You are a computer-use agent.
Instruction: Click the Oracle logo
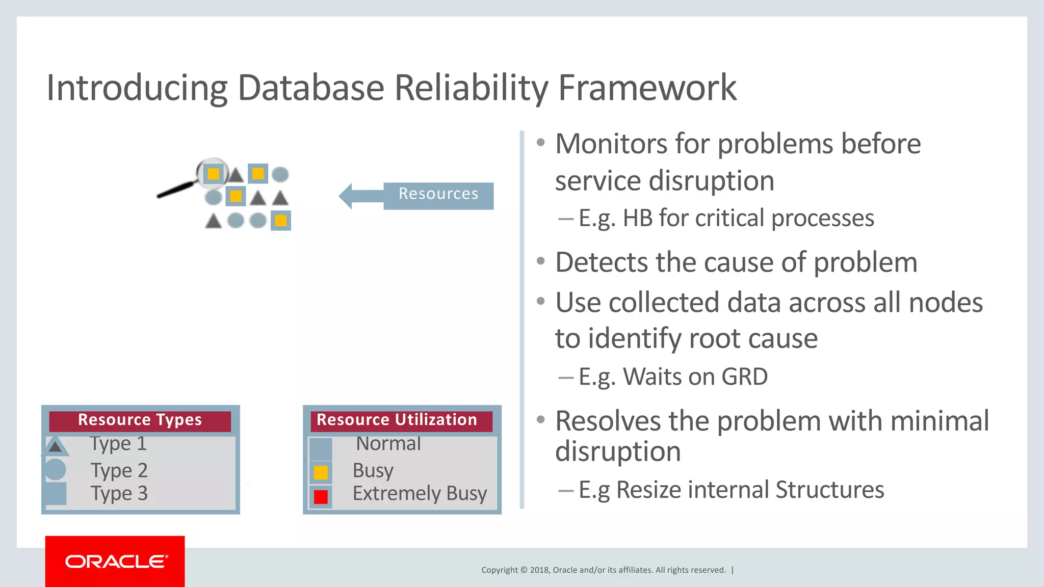[116, 562]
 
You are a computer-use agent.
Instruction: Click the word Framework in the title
[647, 88]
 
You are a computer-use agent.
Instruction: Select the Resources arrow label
[438, 194]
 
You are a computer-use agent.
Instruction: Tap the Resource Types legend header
[140, 420]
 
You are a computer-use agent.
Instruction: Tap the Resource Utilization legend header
[397, 420]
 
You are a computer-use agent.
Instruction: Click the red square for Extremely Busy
[321, 496]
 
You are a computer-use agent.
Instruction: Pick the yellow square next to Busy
[321, 472]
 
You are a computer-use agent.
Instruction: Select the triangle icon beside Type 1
[55, 446]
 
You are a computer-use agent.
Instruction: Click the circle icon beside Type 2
[55, 469]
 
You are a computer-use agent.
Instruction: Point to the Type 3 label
[119, 493]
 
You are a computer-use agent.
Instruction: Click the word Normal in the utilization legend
[388, 444]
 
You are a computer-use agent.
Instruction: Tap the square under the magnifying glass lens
[213, 174]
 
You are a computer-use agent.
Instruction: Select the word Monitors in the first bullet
[611, 144]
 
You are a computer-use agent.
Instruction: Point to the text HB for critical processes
[748, 219]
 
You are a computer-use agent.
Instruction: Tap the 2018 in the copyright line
[539, 570]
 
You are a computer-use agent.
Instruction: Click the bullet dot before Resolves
[541, 420]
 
